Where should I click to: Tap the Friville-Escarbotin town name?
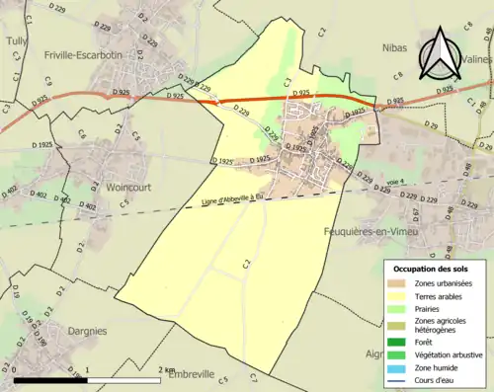coord(83,55)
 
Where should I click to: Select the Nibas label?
coord(394,45)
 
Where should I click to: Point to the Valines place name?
coord(475,58)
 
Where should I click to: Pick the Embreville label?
coord(189,374)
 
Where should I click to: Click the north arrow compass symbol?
coord(442,53)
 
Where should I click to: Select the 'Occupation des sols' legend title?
coord(432,269)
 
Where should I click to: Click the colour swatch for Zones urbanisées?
coord(400,284)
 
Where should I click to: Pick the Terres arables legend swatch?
coord(400,298)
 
